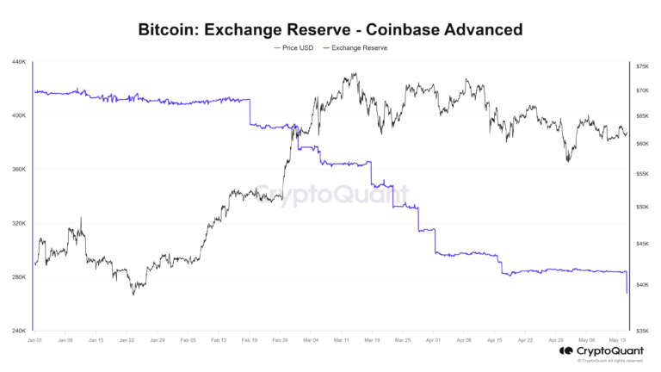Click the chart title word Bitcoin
(x=171, y=30)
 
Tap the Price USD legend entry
(x=294, y=48)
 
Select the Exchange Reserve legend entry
(x=355, y=48)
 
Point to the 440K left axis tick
(x=19, y=62)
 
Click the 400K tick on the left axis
(x=19, y=115)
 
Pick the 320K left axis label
(x=19, y=223)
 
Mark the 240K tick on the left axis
(x=19, y=331)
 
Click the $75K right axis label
(x=642, y=66)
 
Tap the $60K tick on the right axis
(x=642, y=144)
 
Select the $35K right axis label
(x=642, y=331)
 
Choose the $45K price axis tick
(x=642, y=245)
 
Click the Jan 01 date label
(x=34, y=340)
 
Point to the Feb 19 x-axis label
(x=249, y=340)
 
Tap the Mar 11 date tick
(x=342, y=340)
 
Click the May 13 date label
(x=618, y=340)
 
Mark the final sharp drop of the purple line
(x=627, y=283)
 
